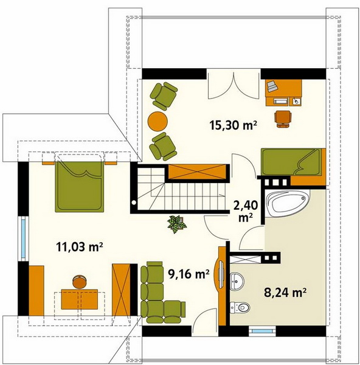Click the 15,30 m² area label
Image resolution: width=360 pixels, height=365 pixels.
233,125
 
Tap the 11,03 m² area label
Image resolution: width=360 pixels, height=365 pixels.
79,247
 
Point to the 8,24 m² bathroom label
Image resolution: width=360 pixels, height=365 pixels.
285,293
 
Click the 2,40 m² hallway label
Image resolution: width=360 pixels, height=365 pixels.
246,211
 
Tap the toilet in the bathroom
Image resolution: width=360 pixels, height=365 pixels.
240,307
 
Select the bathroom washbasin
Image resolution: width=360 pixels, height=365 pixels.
237,281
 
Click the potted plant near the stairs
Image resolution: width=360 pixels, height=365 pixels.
177,224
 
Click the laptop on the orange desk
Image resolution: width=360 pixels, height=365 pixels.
272,86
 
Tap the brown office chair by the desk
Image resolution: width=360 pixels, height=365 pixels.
283,119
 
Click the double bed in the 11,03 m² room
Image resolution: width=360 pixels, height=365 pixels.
79,187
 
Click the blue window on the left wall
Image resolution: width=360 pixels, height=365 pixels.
23,239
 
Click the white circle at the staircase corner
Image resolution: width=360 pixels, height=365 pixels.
134,203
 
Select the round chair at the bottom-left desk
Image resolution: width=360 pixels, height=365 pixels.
79,282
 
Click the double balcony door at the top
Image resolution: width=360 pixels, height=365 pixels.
234,85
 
